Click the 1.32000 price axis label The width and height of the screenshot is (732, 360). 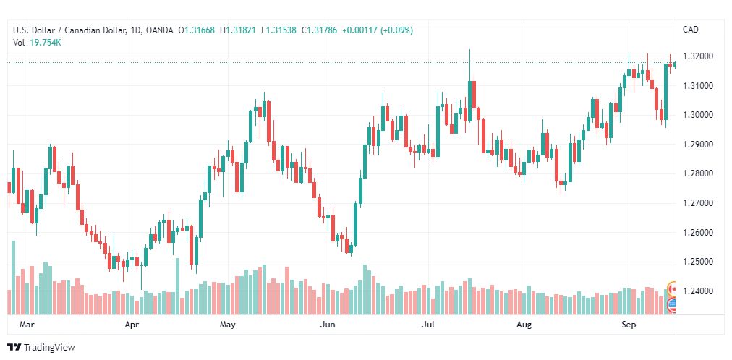(x=697, y=56)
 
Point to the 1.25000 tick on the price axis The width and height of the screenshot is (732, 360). (x=697, y=262)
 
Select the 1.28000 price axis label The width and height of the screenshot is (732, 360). (x=697, y=173)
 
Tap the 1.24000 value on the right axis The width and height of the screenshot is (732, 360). (x=697, y=291)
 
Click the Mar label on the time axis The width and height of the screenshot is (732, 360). (x=26, y=325)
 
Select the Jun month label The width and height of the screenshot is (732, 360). (x=328, y=325)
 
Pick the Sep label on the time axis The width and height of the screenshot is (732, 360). (x=629, y=325)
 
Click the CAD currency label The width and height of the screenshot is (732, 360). (x=691, y=30)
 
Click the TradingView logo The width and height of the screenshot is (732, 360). (x=41, y=348)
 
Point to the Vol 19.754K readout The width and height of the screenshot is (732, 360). (x=38, y=43)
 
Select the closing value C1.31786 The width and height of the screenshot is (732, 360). (x=319, y=30)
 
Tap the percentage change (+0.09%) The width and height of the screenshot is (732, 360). (x=397, y=30)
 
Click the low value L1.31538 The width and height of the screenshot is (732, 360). (x=279, y=30)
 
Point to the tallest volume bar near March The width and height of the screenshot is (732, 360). (x=14, y=278)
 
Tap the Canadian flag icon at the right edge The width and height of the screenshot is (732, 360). (x=673, y=288)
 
